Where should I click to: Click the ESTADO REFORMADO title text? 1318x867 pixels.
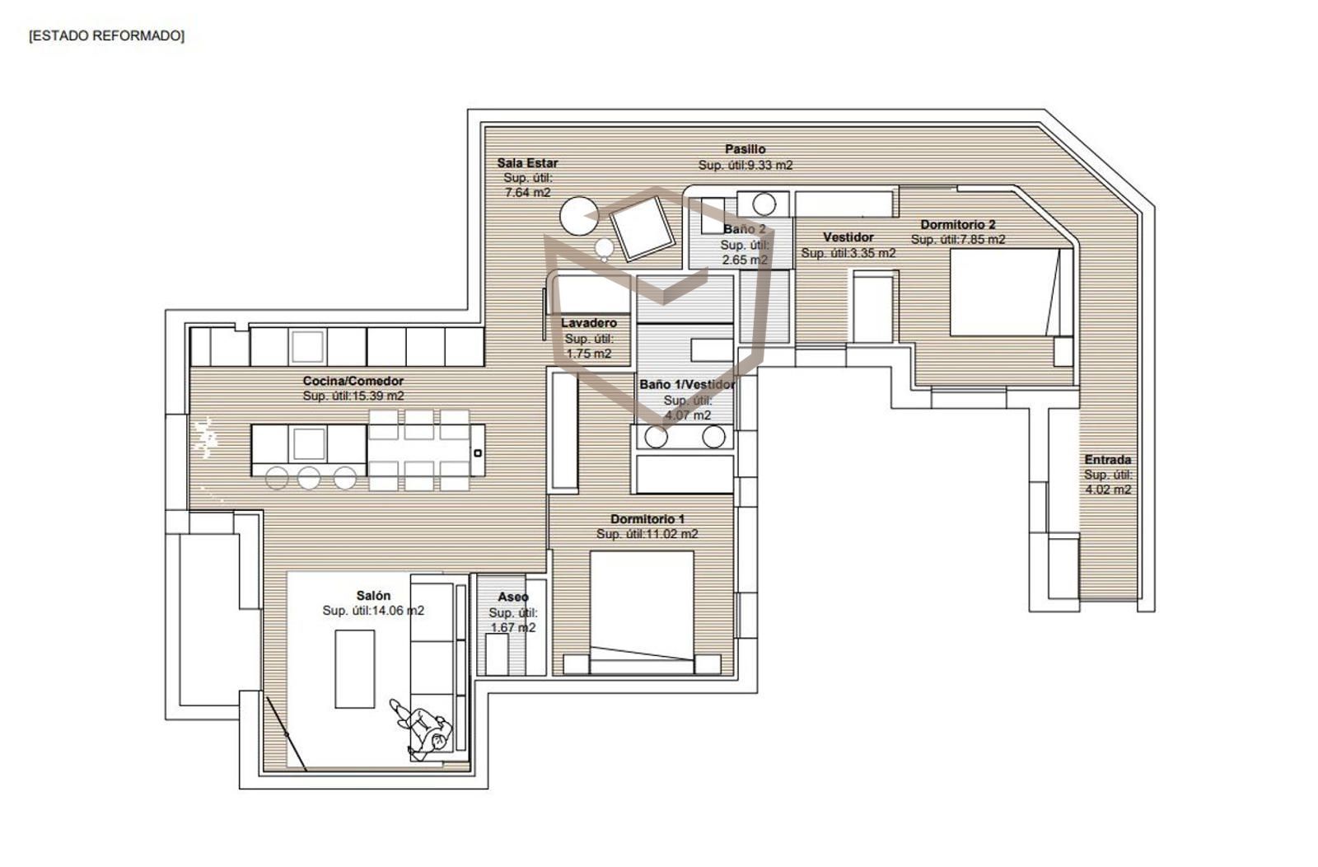point(106,36)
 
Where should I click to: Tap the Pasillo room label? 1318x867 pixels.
point(745,149)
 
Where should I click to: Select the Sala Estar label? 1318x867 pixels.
point(527,163)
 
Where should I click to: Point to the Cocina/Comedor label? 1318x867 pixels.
point(353,381)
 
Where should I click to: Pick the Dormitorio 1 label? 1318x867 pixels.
point(647,519)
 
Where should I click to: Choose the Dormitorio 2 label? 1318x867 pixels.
point(958,224)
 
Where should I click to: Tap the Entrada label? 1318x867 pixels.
point(1108,460)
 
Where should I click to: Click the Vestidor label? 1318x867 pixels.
point(848,237)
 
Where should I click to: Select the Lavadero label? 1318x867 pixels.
point(588,323)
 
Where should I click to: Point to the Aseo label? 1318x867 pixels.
point(513,597)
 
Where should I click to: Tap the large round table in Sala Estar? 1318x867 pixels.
point(579,216)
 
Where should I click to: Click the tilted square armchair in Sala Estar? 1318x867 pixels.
point(642,228)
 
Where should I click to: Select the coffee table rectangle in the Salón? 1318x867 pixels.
point(355,668)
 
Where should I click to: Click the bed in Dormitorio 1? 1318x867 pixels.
point(642,612)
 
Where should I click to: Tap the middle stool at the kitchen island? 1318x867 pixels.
point(309,478)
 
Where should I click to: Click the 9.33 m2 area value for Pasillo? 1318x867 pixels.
point(769,166)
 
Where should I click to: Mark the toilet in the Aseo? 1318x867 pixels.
point(497,654)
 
